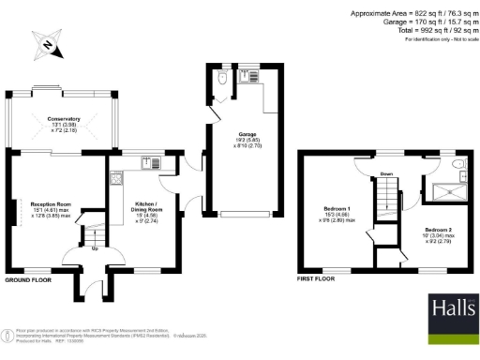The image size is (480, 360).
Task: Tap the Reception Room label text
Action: pyautogui.click(x=51, y=208)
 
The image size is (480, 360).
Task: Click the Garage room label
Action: pyautogui.click(x=247, y=139)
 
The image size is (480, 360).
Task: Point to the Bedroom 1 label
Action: pyautogui.click(x=337, y=211)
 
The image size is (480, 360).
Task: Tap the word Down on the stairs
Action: pyautogui.click(x=386, y=173)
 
